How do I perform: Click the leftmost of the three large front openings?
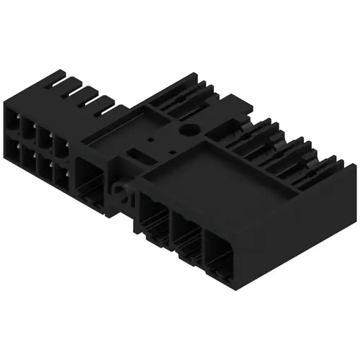click(x=153, y=220)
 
